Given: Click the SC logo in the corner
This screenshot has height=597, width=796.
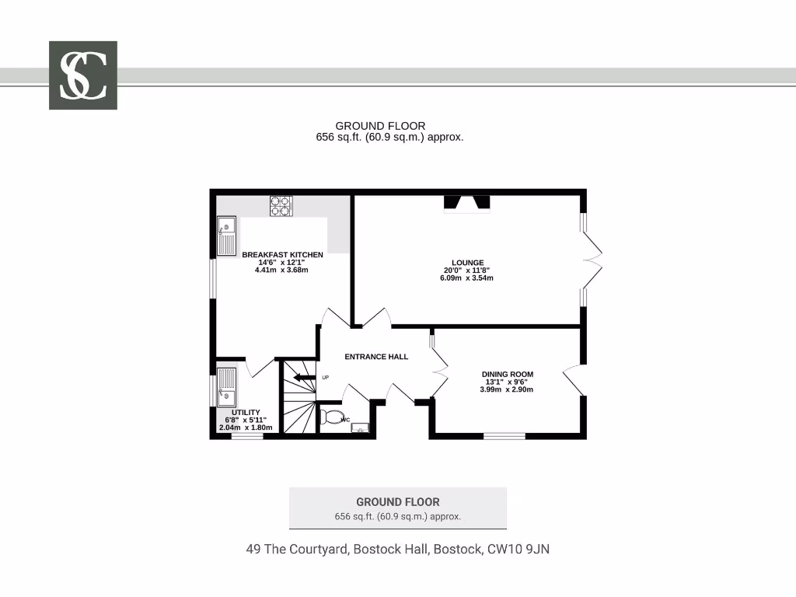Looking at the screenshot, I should tap(83, 75).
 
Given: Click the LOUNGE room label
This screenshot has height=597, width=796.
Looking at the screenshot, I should tap(467, 263).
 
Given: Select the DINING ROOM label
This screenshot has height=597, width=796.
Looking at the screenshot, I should tap(507, 374).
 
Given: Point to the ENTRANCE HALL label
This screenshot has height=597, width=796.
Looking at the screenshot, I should tap(376, 357).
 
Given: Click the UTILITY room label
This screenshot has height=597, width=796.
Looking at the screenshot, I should tap(246, 412).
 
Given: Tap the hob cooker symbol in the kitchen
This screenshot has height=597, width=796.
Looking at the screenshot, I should tap(281, 206).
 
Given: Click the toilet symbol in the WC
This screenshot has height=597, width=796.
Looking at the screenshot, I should tap(333, 418).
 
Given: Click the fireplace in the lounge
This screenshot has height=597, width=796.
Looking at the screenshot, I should tap(467, 204).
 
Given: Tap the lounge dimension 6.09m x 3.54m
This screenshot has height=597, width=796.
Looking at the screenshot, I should tap(467, 278).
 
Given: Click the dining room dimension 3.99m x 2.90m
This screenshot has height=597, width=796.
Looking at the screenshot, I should tap(507, 389).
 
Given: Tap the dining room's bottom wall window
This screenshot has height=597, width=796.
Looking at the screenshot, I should tap(504, 435).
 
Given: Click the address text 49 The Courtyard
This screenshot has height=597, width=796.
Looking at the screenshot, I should tap(397, 550).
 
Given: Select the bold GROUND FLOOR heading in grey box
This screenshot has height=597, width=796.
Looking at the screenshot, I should tap(397, 502).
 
